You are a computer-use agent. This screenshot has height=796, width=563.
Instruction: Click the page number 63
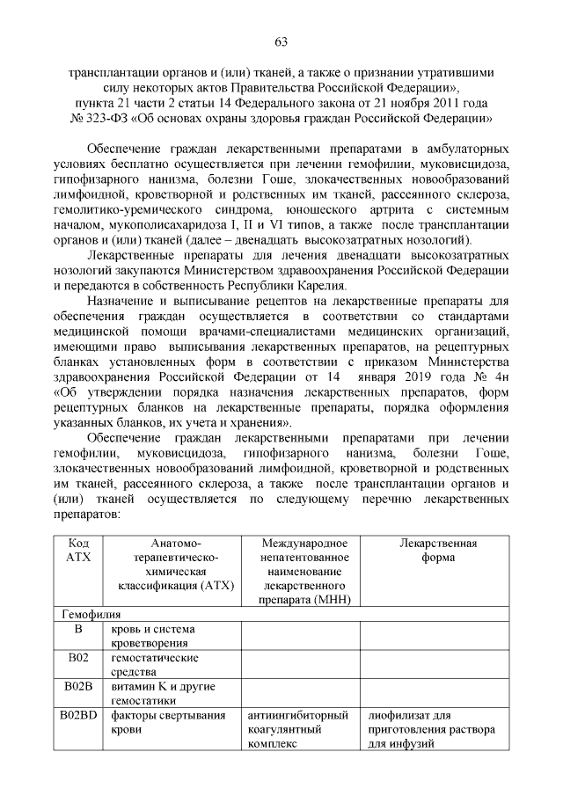coord(281,42)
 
